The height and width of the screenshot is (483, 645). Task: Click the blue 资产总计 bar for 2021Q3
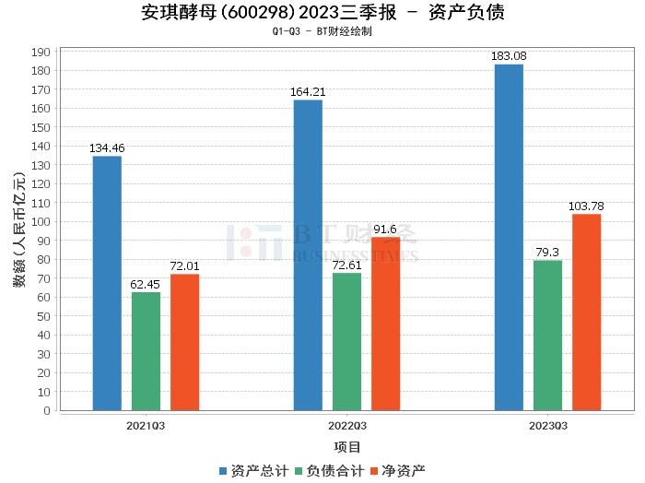[107, 283]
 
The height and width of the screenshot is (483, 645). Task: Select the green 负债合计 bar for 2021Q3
[146, 351]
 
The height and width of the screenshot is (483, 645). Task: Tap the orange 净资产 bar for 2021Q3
[184, 342]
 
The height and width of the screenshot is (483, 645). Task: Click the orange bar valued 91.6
[385, 324]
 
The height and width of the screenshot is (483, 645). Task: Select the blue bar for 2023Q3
[509, 237]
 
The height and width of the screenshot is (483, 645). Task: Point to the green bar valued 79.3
[547, 335]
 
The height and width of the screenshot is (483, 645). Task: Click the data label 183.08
[509, 56]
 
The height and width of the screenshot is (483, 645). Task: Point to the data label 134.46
[107, 148]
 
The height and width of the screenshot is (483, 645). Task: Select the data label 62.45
[146, 285]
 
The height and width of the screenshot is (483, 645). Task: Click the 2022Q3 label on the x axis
[346, 426]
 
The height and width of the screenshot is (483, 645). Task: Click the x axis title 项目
[346, 448]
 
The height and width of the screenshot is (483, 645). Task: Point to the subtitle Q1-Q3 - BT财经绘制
[322, 31]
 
